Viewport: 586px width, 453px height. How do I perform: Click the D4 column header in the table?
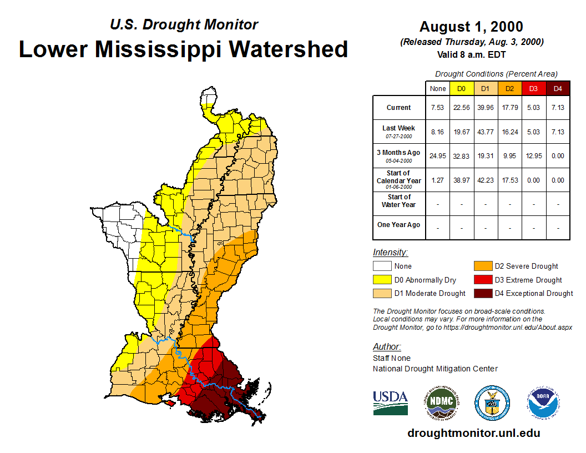[x=558, y=88]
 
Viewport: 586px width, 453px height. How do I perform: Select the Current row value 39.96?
[x=486, y=108]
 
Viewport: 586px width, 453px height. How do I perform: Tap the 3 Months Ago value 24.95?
[x=438, y=156]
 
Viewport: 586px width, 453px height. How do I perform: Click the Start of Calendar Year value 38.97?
[x=462, y=180]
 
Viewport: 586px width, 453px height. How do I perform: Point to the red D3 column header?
[x=533, y=88]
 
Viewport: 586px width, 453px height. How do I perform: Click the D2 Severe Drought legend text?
[x=526, y=266]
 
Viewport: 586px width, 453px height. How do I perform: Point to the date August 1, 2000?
[x=471, y=27]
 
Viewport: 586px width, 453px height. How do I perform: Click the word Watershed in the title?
[x=289, y=49]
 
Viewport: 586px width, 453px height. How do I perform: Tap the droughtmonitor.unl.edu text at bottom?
[x=473, y=433]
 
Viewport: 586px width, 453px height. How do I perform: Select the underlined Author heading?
[x=387, y=347]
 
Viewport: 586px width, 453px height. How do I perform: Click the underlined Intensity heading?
[x=390, y=252]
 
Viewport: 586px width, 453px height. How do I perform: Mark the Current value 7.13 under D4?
[x=558, y=108]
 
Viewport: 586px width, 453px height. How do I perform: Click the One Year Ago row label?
[x=399, y=225]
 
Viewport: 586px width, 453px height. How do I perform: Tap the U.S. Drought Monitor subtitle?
[x=184, y=24]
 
